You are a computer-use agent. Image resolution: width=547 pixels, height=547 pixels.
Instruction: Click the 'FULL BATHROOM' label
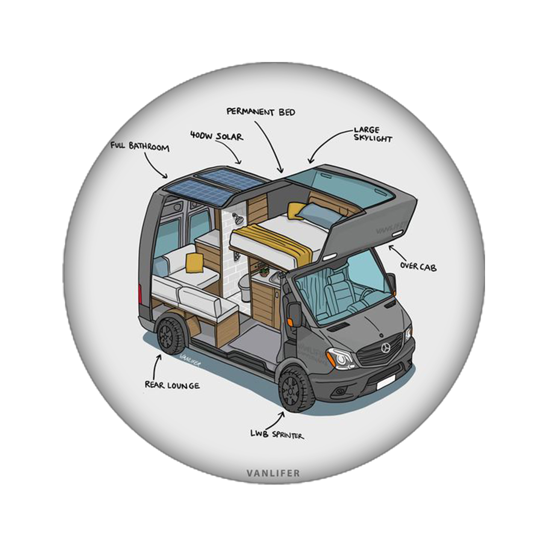140,147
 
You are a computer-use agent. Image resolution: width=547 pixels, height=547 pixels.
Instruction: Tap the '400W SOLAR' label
216,137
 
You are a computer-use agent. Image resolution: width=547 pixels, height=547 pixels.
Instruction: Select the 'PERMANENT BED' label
261,112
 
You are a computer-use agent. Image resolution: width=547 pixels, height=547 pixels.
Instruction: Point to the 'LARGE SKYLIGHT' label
372,134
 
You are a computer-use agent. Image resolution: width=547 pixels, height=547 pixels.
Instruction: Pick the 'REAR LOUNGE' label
172,385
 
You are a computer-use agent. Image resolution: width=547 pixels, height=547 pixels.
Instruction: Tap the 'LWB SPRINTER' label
277,435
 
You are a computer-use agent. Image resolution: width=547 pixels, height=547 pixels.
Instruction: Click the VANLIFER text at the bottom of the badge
273,473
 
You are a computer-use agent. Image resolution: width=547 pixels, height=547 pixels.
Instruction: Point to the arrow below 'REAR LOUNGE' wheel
157,365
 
